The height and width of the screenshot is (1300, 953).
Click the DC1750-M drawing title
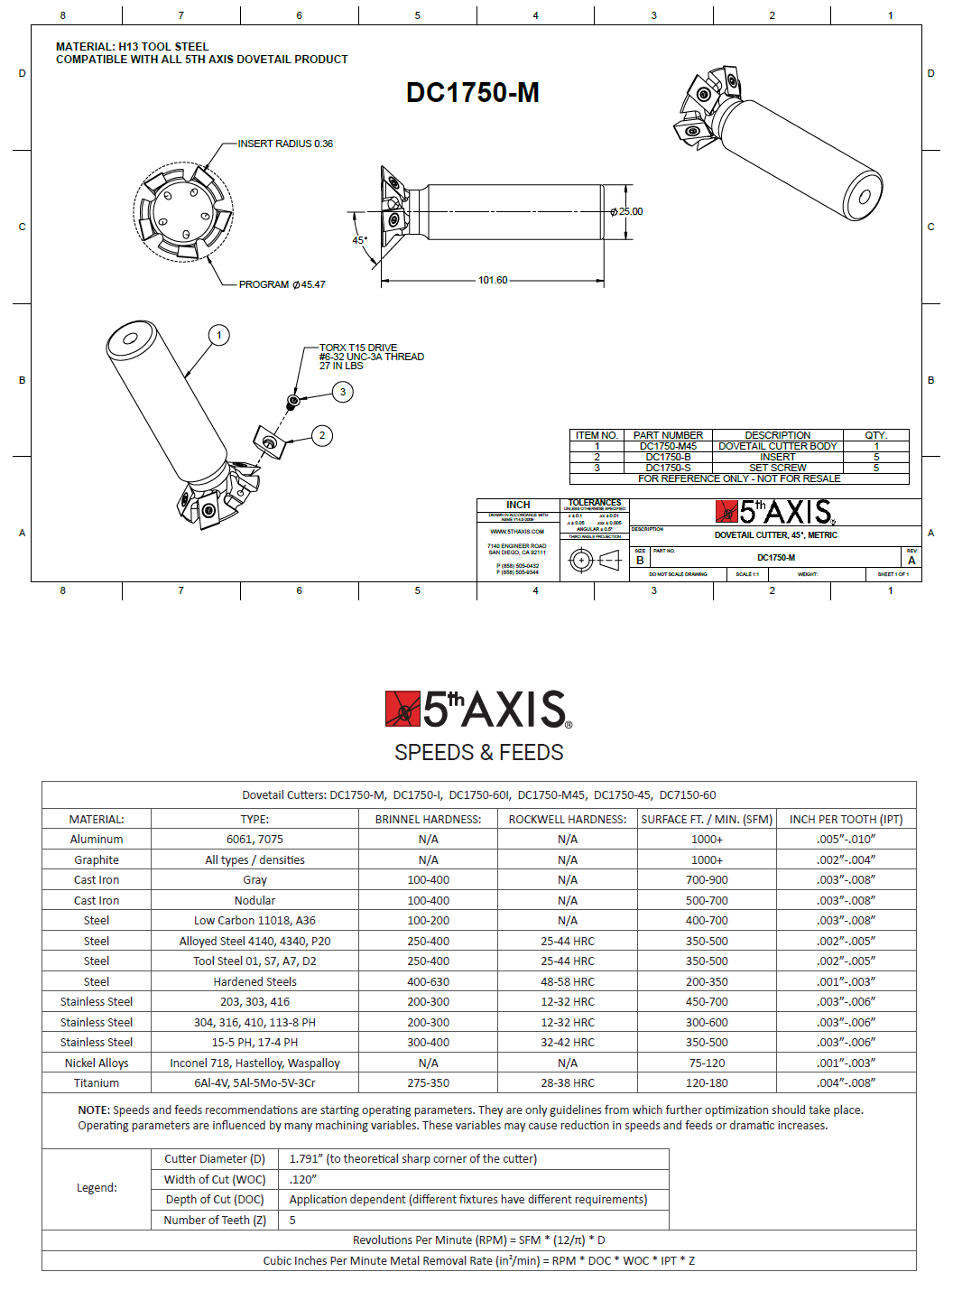click(x=472, y=92)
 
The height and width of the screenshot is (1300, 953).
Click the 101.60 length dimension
click(x=493, y=281)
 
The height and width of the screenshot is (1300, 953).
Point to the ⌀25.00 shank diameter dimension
click(x=627, y=212)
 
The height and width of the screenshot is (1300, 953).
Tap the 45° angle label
click(x=359, y=240)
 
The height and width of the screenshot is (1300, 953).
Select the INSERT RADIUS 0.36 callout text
click(x=285, y=144)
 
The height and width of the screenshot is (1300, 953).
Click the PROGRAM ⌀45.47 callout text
click(x=282, y=284)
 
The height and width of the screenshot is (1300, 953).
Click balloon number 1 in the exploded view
click(x=218, y=336)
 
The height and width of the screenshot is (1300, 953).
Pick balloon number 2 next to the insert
click(x=322, y=435)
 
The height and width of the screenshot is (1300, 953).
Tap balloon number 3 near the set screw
click(x=342, y=392)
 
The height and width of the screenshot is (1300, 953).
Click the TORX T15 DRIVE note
click(x=358, y=348)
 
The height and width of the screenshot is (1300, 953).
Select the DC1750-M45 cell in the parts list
click(x=668, y=446)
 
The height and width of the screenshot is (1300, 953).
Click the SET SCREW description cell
click(x=777, y=468)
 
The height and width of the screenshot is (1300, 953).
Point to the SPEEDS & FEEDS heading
click(x=478, y=752)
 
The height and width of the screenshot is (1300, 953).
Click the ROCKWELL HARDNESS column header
click(x=567, y=820)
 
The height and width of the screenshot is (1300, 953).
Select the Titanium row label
click(x=97, y=1083)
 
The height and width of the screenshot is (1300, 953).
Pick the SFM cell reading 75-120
click(x=707, y=1063)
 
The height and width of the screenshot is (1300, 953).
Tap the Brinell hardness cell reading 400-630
click(x=428, y=982)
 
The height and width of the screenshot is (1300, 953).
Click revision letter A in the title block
click(x=911, y=561)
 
